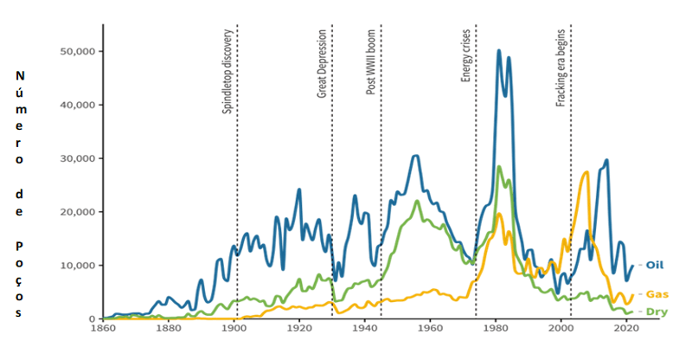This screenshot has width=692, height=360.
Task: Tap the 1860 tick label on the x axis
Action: pyautogui.click(x=103, y=329)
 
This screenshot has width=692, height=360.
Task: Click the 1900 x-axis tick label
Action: pyautogui.click(x=234, y=329)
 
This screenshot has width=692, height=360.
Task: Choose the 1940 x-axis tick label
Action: pyautogui.click(x=364, y=329)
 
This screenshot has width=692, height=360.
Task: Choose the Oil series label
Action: pyautogui.click(x=656, y=265)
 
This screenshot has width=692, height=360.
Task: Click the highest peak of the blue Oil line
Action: pyautogui.click(x=499, y=51)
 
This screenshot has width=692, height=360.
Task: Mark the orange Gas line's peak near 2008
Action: pyautogui.click(x=586, y=172)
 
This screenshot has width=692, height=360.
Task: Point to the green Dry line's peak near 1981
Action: pyautogui.click(x=499, y=167)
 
